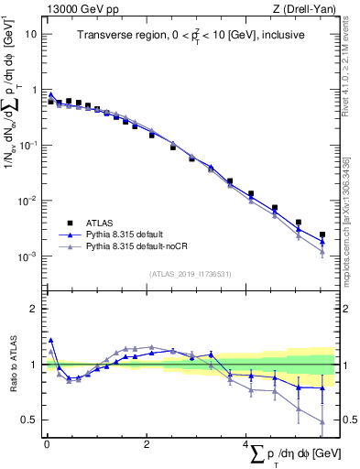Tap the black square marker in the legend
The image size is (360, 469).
pyautogui.click(x=67, y=223)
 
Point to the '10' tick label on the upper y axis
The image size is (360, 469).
pyautogui.click(x=31, y=34)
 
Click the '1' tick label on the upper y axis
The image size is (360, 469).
pyautogui.click(x=34, y=90)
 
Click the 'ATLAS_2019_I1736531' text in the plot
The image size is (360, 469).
pyautogui.click(x=191, y=274)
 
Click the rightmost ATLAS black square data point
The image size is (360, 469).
pyautogui.click(x=322, y=234)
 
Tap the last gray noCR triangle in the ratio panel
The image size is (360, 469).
pyautogui.click(x=322, y=422)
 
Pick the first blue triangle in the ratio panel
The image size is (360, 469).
pyautogui.click(x=50, y=340)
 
